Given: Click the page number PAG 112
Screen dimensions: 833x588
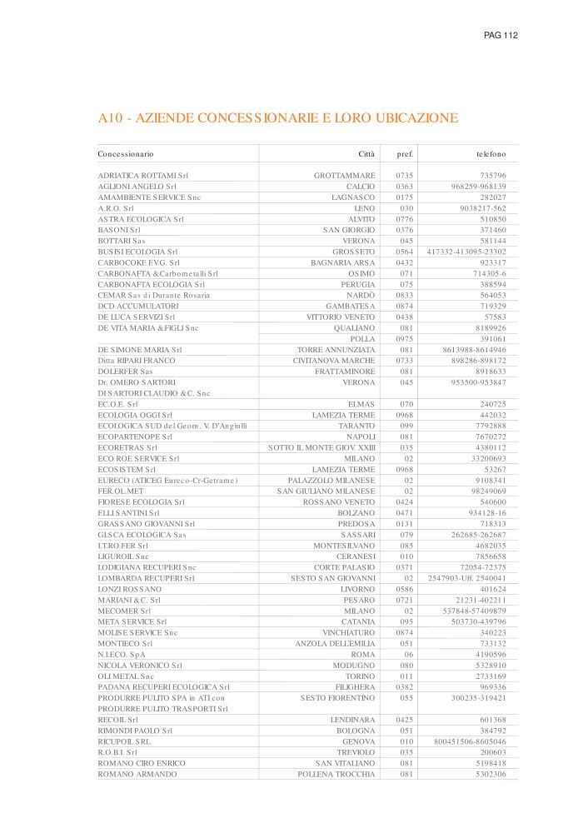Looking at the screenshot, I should tap(501, 35).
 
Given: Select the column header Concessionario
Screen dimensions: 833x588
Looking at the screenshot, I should tap(126, 154).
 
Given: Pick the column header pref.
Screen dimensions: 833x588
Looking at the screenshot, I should tap(405, 154).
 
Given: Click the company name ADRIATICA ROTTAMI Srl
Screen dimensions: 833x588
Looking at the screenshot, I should tap(143, 176).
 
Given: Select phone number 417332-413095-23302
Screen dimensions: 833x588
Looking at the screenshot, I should tap(466, 252).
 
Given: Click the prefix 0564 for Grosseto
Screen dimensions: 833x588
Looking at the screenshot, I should tap(405, 252).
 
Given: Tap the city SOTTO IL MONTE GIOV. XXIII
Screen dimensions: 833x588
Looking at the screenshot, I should tap(322, 447).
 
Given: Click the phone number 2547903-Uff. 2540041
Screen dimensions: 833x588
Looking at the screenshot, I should tap(466, 578).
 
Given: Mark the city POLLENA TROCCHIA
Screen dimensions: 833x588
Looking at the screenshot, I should tap(336, 774).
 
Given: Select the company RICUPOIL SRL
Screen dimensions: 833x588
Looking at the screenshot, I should tap(124, 741).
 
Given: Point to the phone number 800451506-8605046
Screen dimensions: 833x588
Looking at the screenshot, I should tap(470, 741).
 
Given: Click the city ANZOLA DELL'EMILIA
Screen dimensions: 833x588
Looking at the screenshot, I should tap(335, 643).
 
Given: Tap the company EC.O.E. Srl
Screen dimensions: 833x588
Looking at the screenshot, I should tap(117, 404).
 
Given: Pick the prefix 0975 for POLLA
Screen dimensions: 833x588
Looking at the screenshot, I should tap(405, 339).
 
